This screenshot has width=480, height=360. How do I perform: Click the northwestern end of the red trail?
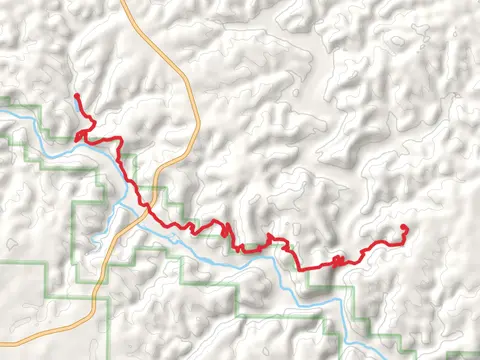(x=75, y=95)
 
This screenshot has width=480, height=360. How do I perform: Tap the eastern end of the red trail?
(x=404, y=228)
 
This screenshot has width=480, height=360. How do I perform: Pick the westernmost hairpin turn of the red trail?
(x=76, y=133)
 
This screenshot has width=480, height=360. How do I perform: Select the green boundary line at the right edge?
(x=478, y=353)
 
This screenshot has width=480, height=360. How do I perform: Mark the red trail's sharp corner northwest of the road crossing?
(x=122, y=139)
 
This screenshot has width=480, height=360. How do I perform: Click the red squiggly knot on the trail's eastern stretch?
(x=339, y=260)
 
